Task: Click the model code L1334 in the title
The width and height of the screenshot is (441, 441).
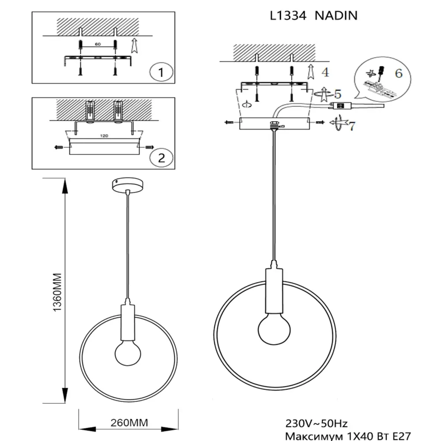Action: (x=288, y=15)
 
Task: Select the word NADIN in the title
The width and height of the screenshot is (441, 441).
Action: (x=336, y=15)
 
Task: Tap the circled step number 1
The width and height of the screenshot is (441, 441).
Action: (x=161, y=72)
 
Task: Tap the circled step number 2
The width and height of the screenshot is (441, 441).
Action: (x=161, y=158)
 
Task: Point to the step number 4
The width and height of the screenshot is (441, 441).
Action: (x=325, y=72)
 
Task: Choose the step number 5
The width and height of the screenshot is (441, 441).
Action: (x=337, y=94)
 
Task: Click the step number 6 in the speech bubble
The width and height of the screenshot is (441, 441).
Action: (x=399, y=73)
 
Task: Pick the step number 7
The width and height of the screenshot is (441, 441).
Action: (x=352, y=126)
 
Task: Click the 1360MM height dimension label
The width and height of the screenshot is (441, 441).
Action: (x=57, y=292)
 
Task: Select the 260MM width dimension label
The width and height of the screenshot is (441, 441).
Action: (x=129, y=423)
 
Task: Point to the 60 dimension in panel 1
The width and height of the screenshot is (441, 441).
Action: (x=97, y=44)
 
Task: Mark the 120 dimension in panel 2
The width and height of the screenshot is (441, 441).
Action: (x=104, y=136)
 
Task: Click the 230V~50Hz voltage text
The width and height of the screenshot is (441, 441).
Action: (x=316, y=423)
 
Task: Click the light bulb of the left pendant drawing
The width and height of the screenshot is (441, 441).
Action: (x=128, y=353)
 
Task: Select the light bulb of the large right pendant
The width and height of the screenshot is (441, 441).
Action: (x=274, y=329)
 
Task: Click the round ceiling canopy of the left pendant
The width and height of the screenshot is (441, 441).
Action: (x=128, y=184)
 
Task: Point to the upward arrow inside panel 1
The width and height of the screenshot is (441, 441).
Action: (x=135, y=45)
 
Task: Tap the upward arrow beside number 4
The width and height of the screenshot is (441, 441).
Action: (x=311, y=71)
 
